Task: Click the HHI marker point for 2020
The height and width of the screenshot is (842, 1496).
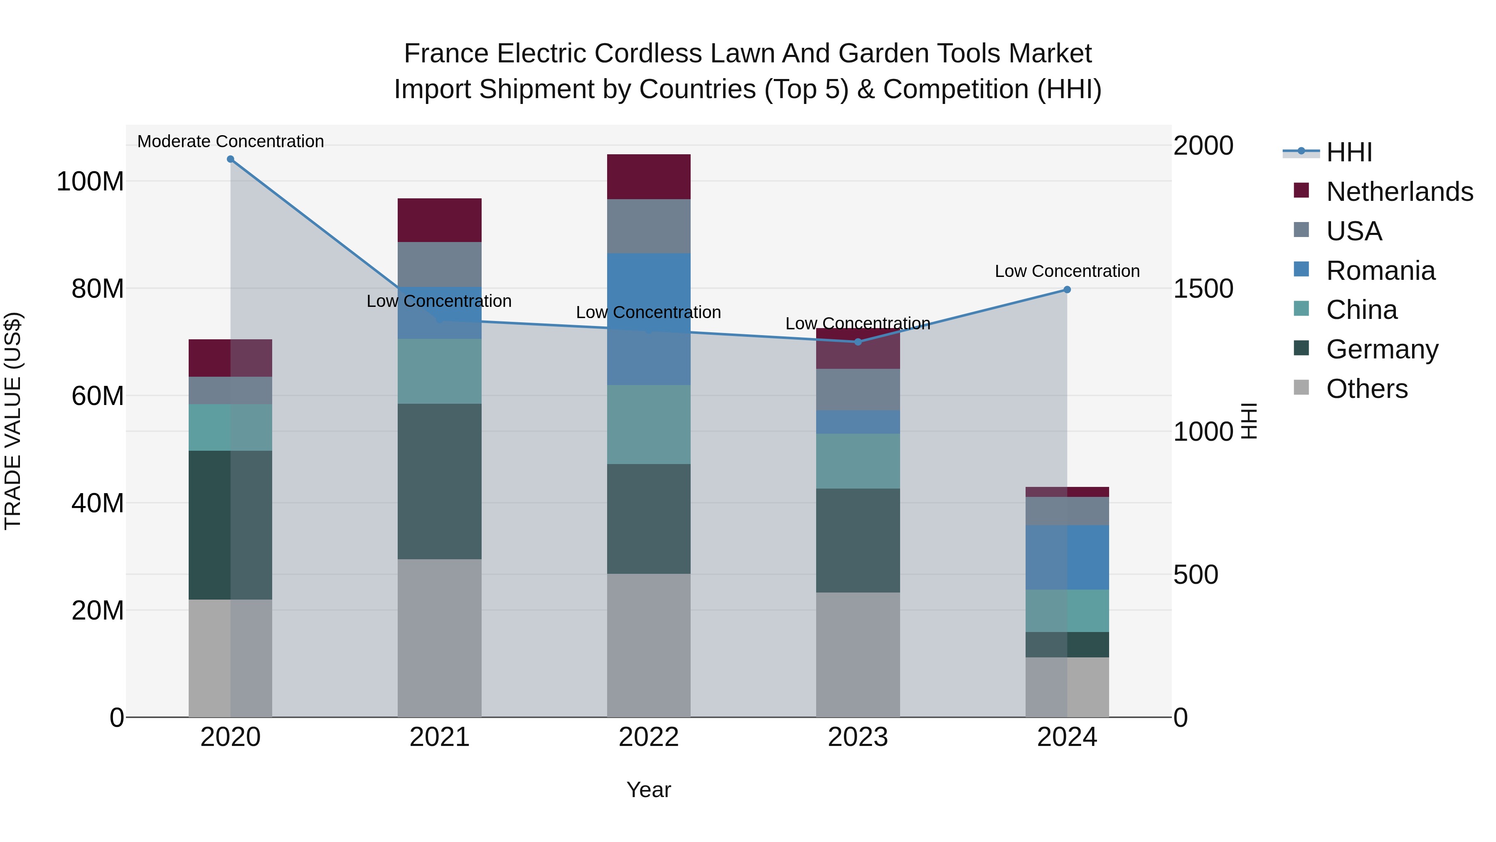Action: click(x=231, y=159)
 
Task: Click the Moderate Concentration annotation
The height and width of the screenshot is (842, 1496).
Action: click(x=231, y=141)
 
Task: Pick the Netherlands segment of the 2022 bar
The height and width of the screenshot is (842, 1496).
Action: click(x=649, y=177)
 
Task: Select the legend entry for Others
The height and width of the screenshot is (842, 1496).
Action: click(x=1366, y=389)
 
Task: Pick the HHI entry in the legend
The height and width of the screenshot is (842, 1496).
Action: click(x=1348, y=152)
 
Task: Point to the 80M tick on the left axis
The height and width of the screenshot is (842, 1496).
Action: click(x=98, y=289)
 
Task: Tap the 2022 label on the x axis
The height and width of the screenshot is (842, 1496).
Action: click(x=649, y=737)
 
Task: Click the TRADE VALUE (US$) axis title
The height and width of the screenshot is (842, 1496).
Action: click(x=13, y=421)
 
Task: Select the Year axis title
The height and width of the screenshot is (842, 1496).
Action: click(x=649, y=790)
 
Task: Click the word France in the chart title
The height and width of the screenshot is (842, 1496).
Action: click(x=445, y=54)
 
